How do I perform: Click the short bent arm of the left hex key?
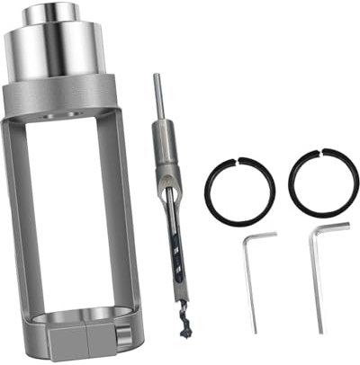click(x=262, y=236)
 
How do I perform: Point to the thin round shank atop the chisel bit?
click(x=157, y=94)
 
